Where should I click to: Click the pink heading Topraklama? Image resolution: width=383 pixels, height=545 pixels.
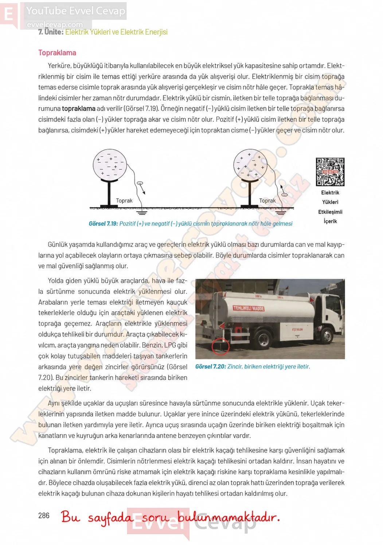click(57, 52)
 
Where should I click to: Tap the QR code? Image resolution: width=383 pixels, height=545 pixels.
click(330, 172)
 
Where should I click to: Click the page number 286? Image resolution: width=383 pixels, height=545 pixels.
click(44, 515)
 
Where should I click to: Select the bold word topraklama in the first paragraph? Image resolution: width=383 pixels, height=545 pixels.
click(78, 108)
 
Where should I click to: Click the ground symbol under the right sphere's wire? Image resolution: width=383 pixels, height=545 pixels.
click(281, 212)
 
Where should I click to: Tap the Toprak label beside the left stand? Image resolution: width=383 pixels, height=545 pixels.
click(124, 201)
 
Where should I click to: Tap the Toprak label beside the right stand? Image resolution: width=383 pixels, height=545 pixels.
click(267, 201)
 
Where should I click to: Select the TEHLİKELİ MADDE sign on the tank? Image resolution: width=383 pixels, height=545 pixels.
click(249, 308)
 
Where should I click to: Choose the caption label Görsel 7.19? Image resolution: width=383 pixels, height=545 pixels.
click(103, 224)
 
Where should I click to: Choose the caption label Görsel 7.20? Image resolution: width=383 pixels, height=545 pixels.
click(211, 366)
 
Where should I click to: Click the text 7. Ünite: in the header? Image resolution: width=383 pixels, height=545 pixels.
click(51, 32)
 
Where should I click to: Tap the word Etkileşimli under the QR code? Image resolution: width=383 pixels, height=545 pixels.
click(330, 212)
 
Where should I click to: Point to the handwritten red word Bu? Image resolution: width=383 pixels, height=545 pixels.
click(70, 517)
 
